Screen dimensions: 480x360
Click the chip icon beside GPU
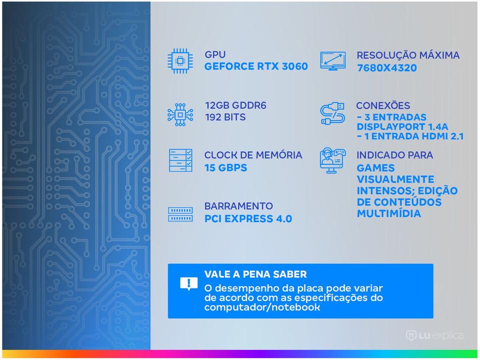tap(180, 61)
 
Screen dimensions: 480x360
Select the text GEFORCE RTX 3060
tap(256, 66)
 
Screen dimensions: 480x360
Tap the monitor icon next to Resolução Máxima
tap(333, 60)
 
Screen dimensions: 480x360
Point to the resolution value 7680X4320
tap(386, 67)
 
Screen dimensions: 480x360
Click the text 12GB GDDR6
tap(235, 105)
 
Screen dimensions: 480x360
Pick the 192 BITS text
tap(225, 117)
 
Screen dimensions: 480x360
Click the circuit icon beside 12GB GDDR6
tap(180, 115)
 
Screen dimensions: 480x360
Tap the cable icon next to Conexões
tap(332, 113)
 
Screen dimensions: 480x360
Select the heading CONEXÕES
tap(383, 105)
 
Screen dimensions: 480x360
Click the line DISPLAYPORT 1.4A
tap(402, 126)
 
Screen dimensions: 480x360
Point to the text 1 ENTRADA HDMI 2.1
tap(414, 136)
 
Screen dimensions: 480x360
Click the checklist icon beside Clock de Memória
tap(180, 160)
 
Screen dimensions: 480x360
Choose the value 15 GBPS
tap(225, 168)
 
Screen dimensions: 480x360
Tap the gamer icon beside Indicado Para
tap(333, 160)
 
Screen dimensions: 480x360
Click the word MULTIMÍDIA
tap(389, 213)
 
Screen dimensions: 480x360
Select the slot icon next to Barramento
tap(180, 214)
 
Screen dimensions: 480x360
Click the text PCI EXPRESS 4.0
tap(248, 219)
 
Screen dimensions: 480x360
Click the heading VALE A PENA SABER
tap(255, 274)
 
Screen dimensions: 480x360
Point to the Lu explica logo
tap(434, 336)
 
